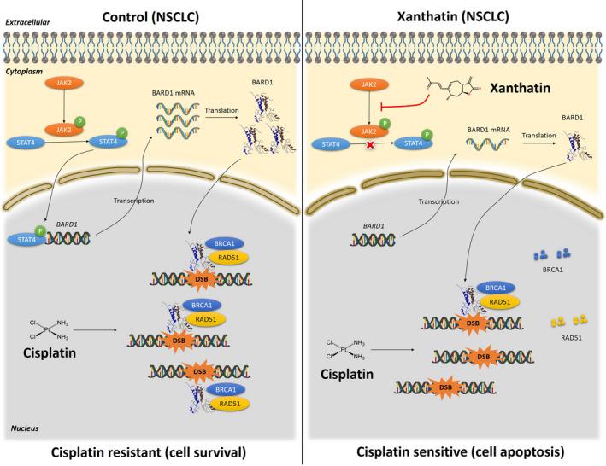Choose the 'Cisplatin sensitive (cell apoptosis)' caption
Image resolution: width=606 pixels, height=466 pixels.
point(457,453)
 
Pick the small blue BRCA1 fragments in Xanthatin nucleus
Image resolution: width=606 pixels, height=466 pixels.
point(551,254)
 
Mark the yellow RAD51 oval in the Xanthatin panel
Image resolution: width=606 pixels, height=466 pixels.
point(502,300)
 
